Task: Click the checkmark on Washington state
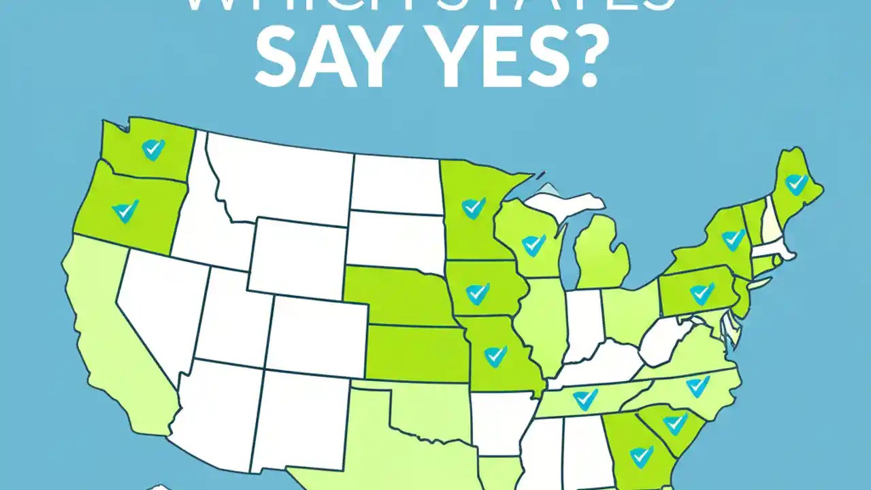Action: [153, 148]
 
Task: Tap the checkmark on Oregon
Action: [125, 211]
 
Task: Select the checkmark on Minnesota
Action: [473, 208]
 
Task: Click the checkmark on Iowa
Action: [478, 293]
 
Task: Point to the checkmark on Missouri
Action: [495, 355]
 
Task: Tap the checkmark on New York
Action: [733, 239]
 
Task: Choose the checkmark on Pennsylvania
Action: [702, 293]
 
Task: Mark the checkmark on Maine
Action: [795, 184]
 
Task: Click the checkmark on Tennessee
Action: [585, 399]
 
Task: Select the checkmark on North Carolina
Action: [697, 386]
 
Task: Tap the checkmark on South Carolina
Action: [675, 423]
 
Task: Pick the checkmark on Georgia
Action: [641, 456]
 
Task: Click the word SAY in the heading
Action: [327, 63]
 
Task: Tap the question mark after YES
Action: [582, 63]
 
